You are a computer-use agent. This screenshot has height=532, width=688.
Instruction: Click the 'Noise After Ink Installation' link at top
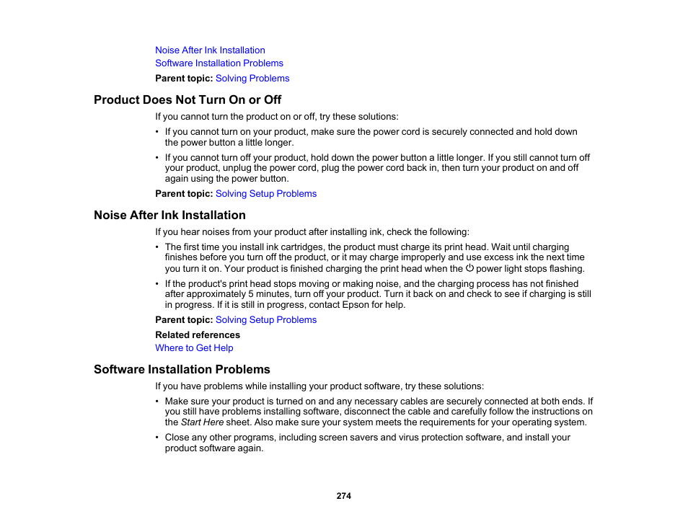(210, 50)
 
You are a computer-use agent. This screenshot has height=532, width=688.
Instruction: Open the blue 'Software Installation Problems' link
(219, 63)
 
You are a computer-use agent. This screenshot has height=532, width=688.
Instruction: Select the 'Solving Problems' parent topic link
(252, 79)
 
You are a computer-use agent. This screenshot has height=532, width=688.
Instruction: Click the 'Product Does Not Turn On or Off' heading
(188, 99)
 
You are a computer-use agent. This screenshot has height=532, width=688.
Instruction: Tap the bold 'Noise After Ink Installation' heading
(169, 215)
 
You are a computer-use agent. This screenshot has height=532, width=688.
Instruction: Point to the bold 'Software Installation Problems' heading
(182, 369)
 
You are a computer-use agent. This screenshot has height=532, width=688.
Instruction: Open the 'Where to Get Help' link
(194, 348)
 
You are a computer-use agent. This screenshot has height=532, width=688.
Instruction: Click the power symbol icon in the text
(469, 268)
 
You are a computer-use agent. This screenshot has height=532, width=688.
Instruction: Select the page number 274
(343, 496)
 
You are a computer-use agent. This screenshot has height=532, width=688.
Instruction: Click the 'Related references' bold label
(198, 335)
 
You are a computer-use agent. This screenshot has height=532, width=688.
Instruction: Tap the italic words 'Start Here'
(201, 422)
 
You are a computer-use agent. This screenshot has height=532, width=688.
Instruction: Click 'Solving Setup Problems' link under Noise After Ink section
(266, 320)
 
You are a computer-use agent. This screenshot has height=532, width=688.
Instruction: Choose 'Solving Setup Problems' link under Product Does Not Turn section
(266, 194)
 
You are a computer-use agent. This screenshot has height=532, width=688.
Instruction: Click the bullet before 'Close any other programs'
(158, 438)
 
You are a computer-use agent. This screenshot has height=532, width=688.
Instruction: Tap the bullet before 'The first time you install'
(158, 247)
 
